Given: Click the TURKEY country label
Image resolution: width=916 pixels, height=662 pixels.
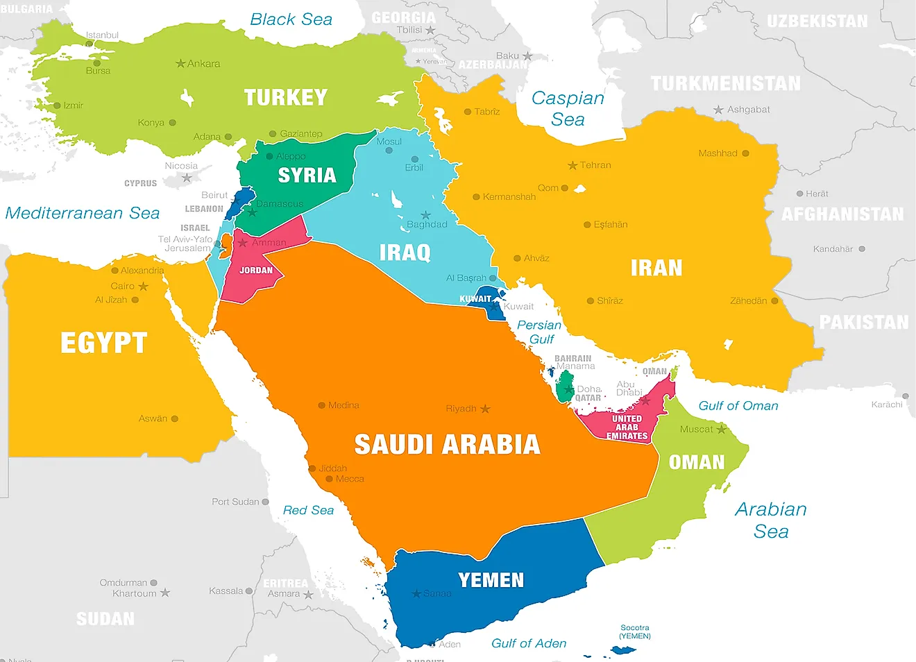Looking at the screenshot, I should click(x=285, y=98).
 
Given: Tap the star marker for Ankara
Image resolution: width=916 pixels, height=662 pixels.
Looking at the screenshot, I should click(x=180, y=64).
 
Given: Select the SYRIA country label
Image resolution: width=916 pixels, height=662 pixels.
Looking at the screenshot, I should click(x=307, y=176).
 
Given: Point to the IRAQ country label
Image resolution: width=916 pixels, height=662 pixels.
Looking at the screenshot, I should click(x=405, y=253).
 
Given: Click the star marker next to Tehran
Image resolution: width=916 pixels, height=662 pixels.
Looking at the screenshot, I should click(x=572, y=165).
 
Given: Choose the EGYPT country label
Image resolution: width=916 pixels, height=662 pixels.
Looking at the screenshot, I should click(x=103, y=343).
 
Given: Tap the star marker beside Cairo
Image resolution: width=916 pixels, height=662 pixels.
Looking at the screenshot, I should click(x=143, y=287).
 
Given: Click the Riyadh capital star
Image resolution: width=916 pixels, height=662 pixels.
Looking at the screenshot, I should click(x=485, y=409).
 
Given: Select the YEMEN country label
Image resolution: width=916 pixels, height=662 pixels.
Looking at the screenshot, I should click(x=491, y=580).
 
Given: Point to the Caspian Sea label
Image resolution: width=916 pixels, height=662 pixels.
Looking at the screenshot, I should click(x=568, y=109).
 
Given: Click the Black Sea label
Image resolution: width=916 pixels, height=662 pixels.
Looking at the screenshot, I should click(x=291, y=19).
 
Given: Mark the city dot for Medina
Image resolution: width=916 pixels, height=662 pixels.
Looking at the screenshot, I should click(x=322, y=405).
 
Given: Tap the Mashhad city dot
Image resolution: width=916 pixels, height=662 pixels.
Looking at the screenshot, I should click(x=745, y=153).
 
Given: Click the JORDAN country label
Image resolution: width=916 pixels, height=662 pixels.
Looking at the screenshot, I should click(x=256, y=271).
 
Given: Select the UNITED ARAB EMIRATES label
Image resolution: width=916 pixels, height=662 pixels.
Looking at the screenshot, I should click(x=627, y=427).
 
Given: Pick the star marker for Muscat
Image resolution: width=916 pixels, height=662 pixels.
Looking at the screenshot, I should click(x=721, y=430).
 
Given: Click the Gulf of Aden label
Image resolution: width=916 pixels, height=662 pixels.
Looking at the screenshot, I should click(x=529, y=643).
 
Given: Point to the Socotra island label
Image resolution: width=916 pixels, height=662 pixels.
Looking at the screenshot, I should click(x=635, y=631).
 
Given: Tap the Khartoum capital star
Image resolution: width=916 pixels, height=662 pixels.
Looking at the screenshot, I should click(x=164, y=593).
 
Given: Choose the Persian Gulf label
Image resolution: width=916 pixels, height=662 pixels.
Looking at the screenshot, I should click(x=539, y=332).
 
